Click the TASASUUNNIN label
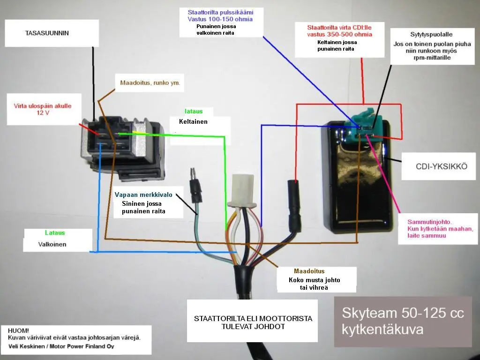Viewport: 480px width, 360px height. [x=47, y=33]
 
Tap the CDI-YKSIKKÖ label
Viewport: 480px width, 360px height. [x=442, y=166]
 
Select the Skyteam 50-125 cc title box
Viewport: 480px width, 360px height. [x=403, y=322]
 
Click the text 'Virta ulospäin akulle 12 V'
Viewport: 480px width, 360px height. [x=43, y=109]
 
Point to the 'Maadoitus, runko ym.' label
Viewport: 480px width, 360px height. [x=150, y=82]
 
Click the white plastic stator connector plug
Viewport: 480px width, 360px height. [x=242, y=190]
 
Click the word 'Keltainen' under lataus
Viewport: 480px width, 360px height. [x=193, y=121]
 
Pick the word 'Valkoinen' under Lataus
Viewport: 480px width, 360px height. [x=52, y=244]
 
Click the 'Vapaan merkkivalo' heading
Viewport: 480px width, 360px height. [x=143, y=195]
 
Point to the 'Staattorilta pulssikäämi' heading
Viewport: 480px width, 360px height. [x=220, y=12]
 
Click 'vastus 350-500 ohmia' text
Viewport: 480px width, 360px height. [x=339, y=34]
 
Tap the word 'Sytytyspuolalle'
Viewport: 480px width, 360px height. [x=431, y=35]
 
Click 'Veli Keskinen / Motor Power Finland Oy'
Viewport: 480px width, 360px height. [x=61, y=346]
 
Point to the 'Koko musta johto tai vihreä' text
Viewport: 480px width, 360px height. [x=315, y=284]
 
